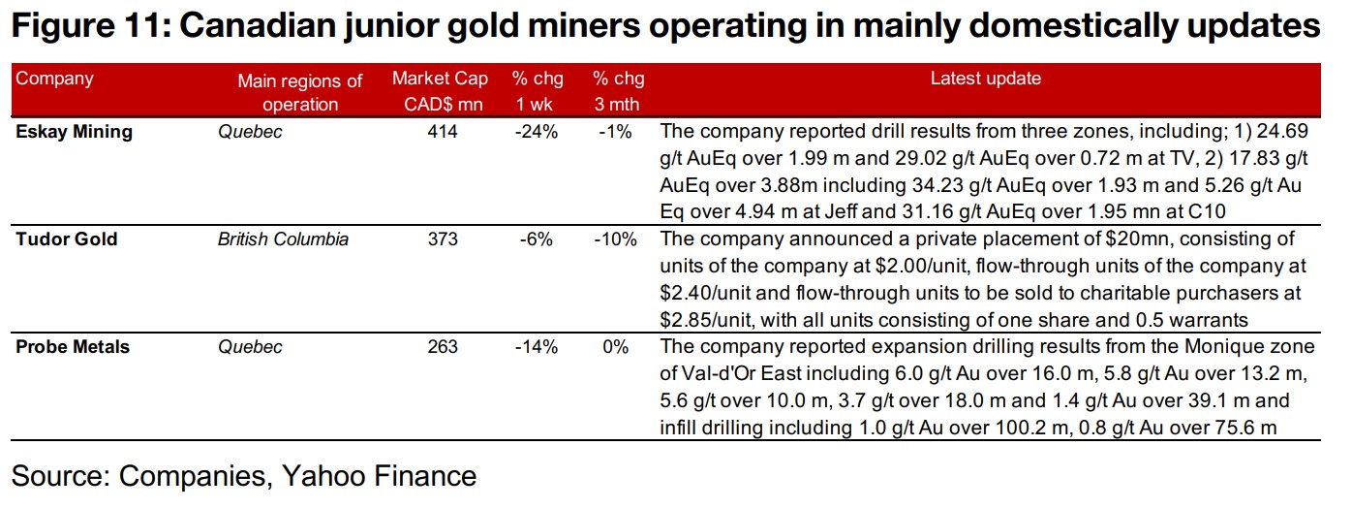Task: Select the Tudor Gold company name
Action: tap(67, 239)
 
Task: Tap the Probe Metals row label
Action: tap(74, 346)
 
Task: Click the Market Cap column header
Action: tap(441, 91)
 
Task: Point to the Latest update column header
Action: tap(986, 79)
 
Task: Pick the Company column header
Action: tap(55, 79)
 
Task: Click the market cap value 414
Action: tap(443, 132)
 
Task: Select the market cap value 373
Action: tap(443, 239)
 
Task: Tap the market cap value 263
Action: tap(443, 346)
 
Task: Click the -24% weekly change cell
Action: tap(537, 132)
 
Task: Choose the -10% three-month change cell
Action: tap(615, 239)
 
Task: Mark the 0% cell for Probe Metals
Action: tap(616, 346)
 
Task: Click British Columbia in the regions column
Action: tap(283, 239)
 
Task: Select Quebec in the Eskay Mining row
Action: tap(251, 132)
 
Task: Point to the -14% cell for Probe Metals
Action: tap(537, 346)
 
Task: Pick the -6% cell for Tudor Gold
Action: tap(537, 239)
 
